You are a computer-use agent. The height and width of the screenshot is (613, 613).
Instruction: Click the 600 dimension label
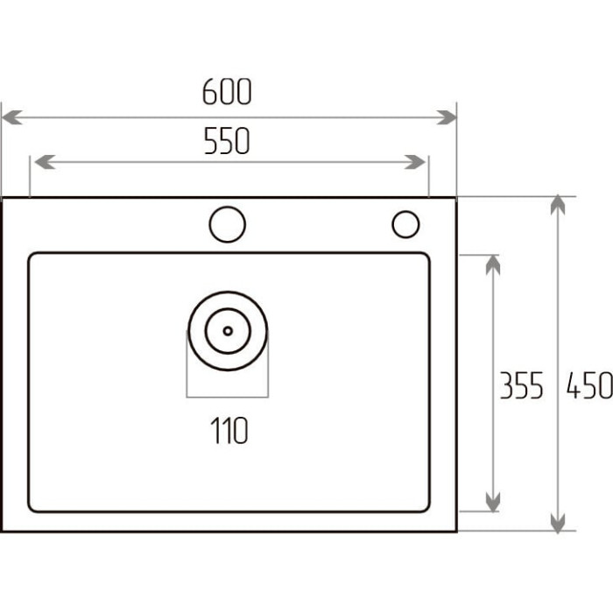click(x=227, y=91)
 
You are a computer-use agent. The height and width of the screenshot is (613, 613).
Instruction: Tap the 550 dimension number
click(x=227, y=140)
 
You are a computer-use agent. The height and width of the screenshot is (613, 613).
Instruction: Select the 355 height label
click(x=522, y=385)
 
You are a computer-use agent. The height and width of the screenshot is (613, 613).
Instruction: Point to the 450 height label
click(x=589, y=385)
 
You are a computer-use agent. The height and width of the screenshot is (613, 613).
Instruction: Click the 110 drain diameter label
click(x=229, y=430)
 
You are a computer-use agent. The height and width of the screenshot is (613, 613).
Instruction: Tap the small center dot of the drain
click(x=228, y=331)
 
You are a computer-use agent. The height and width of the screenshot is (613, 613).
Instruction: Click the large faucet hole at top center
click(x=228, y=224)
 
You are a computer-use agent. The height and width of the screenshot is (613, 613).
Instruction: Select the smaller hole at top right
click(x=405, y=224)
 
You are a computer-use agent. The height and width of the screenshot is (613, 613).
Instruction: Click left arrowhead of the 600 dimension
click(x=11, y=117)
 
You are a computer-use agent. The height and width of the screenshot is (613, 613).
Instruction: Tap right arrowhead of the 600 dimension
click(x=447, y=117)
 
